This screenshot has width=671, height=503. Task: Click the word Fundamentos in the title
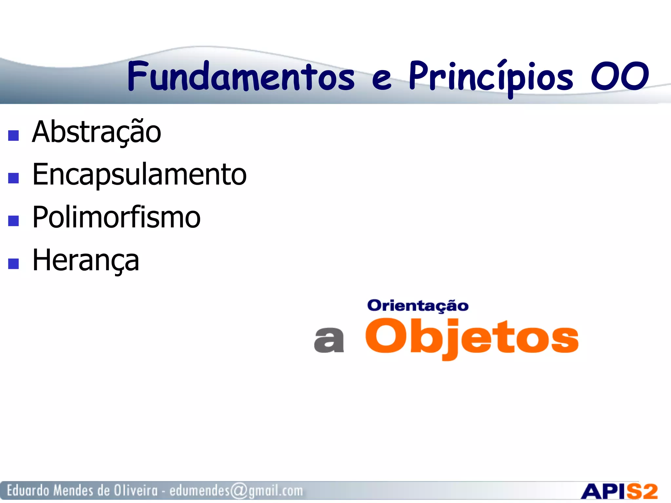pyautogui.click(x=241, y=76)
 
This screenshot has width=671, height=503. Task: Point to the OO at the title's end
pyautogui.click(x=620, y=76)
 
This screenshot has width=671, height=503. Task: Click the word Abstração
pyautogui.click(x=97, y=132)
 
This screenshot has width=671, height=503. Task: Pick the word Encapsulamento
pyautogui.click(x=139, y=175)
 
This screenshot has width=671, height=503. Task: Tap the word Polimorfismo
pyautogui.click(x=116, y=217)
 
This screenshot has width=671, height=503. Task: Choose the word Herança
pyautogui.click(x=86, y=260)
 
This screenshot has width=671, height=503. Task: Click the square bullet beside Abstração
pyautogui.click(x=13, y=135)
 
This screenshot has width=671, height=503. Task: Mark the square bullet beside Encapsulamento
pyautogui.click(x=13, y=178)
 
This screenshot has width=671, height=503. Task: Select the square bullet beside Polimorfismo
pyautogui.click(x=13, y=221)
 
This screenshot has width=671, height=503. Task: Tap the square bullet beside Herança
pyautogui.click(x=13, y=263)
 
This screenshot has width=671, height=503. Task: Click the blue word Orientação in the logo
pyautogui.click(x=418, y=306)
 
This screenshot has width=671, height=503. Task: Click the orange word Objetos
pyautogui.click(x=472, y=337)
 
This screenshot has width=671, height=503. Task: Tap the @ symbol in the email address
pyautogui.click(x=239, y=491)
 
